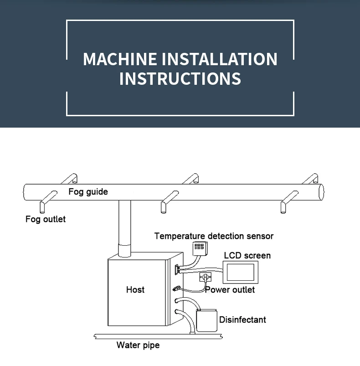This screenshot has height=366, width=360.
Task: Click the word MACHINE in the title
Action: [120, 59]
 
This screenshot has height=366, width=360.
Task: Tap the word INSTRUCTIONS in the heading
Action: [180, 78]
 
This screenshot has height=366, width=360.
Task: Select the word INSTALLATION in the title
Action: [220, 59]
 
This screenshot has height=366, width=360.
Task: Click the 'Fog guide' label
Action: [88, 191]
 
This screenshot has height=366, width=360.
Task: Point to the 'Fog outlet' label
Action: [46, 219]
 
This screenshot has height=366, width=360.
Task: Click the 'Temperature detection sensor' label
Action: [214, 236]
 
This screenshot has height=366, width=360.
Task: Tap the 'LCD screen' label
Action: [247, 255]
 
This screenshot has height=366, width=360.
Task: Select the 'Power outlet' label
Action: [230, 290]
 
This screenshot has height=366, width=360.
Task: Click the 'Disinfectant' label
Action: [242, 320]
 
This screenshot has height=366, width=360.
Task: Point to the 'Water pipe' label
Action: [138, 345]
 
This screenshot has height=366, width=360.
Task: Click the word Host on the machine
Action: [135, 289]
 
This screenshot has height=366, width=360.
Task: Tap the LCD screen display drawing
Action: [241, 272]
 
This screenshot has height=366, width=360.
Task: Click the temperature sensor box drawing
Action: [200, 247]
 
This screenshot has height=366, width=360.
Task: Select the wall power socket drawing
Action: [205, 277]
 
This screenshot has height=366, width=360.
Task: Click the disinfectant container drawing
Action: [206, 320]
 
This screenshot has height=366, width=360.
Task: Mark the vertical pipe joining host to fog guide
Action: [124, 228]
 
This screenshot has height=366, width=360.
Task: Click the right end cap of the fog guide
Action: [320, 192]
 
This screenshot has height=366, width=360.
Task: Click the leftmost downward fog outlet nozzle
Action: [42, 207]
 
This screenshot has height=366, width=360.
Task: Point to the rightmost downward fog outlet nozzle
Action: [283, 208]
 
